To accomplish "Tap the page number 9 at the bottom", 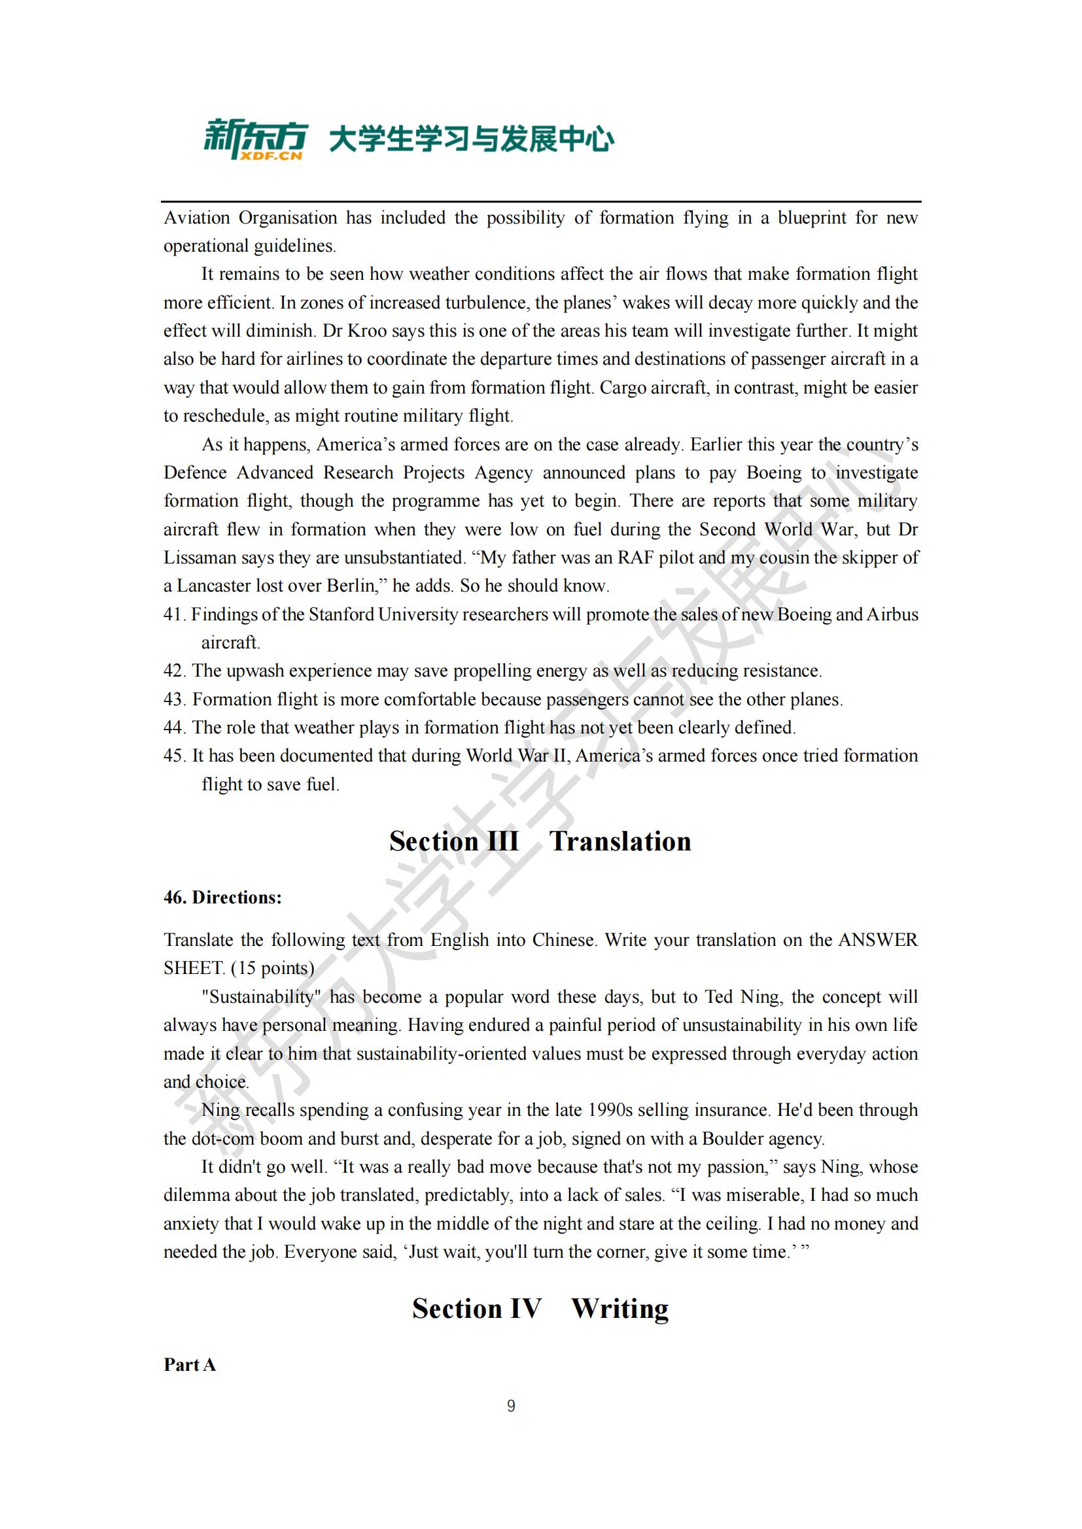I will pyautogui.click(x=511, y=1406).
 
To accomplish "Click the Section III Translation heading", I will pyautogui.click(x=540, y=841).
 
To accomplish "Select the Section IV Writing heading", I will pyautogui.click(x=540, y=1309).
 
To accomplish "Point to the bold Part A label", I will pyautogui.click(x=190, y=1365).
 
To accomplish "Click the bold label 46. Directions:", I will pyautogui.click(x=222, y=898).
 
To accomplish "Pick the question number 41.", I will pyautogui.click(x=173, y=614).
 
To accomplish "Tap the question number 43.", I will pyautogui.click(x=174, y=699).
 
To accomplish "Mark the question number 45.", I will pyautogui.click(x=174, y=756).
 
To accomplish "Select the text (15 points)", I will pyautogui.click(x=275, y=968).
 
